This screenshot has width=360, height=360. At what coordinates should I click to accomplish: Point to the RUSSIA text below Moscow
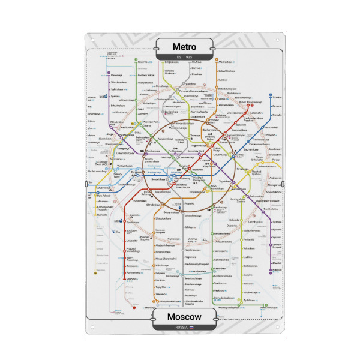coord(181,328)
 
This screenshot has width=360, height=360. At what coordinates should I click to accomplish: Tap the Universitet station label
coord(131,241)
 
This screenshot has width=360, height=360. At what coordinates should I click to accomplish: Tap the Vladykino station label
coord(191,84)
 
